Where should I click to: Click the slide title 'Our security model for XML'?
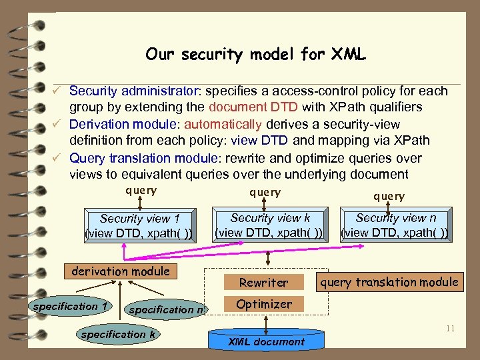click(x=255, y=55)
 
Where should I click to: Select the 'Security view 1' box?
click(x=139, y=225)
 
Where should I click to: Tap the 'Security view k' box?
click(x=270, y=225)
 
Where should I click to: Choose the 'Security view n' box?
click(x=395, y=225)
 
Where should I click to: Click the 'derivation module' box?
click(x=120, y=271)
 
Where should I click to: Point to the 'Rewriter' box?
click(x=264, y=282)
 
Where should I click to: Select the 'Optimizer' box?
click(x=264, y=304)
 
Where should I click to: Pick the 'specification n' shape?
click(x=167, y=309)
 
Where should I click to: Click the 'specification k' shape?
click(x=117, y=334)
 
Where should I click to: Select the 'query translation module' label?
click(x=389, y=282)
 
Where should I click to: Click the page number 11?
click(x=450, y=328)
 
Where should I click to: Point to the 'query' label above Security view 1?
click(x=141, y=191)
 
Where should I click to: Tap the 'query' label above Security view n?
click(x=389, y=196)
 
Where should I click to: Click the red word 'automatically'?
click(x=223, y=124)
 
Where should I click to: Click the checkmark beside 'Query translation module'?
click(x=59, y=158)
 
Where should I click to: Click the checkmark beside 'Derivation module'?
click(x=59, y=124)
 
